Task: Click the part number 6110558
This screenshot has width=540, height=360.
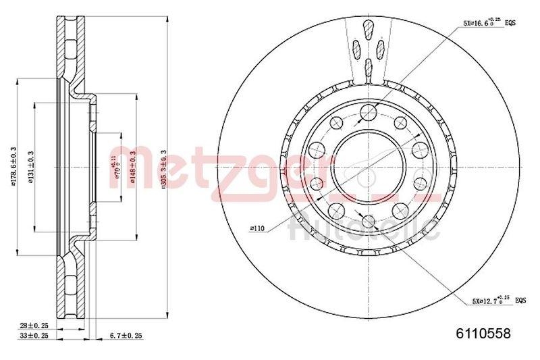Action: [x=483, y=333]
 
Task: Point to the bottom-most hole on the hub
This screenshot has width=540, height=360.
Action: [x=368, y=220]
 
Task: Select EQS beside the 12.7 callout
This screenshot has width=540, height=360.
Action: [x=520, y=299]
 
